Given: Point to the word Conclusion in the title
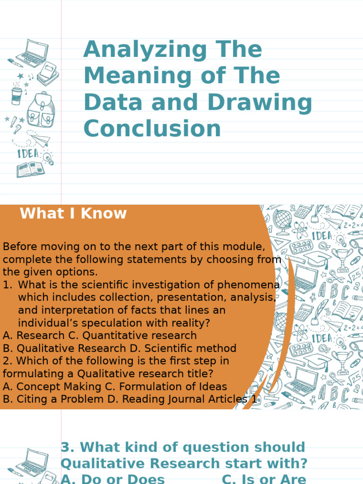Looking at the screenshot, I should [152, 128].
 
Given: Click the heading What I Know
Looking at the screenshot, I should [73, 214].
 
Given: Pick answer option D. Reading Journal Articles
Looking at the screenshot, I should [185, 399].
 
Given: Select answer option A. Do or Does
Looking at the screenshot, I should [113, 478].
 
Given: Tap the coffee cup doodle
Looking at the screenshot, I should [17, 95].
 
